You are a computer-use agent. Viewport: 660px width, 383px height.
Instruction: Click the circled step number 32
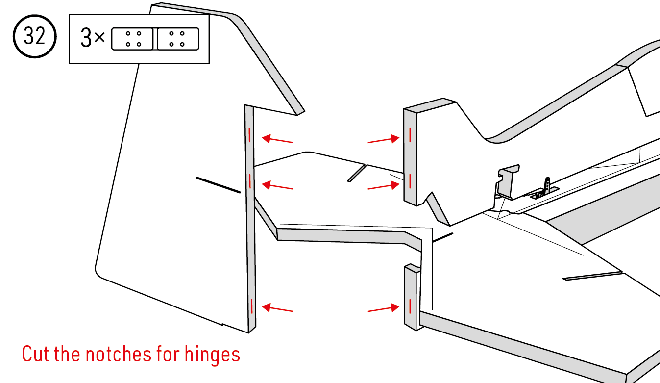(34, 36)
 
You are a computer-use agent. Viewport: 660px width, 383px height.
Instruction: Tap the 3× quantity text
(93, 37)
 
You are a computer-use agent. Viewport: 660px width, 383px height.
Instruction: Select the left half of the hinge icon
(132, 39)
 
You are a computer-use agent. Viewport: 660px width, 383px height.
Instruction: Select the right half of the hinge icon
(178, 39)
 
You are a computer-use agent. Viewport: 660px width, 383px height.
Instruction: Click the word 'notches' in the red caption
(119, 354)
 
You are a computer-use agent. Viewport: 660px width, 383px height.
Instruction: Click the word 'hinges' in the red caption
(212, 355)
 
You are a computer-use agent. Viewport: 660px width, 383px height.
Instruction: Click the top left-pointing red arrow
(277, 139)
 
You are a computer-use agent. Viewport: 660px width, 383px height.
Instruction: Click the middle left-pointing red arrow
(277, 186)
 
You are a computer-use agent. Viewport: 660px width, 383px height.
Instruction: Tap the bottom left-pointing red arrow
(277, 308)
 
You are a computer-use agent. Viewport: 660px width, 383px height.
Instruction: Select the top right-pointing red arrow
(384, 140)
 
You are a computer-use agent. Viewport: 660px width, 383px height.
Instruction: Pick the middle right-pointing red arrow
(384, 186)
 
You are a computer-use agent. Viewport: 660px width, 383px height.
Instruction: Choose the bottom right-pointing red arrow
(384, 308)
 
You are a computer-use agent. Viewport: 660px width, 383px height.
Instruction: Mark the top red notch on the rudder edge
(249, 135)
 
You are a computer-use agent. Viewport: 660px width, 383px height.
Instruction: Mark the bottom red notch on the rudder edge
(252, 306)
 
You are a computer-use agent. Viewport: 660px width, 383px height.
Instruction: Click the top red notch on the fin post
(410, 135)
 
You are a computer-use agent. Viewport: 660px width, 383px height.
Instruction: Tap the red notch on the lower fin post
(410, 306)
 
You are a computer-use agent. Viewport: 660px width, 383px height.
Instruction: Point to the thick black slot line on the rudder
(219, 185)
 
